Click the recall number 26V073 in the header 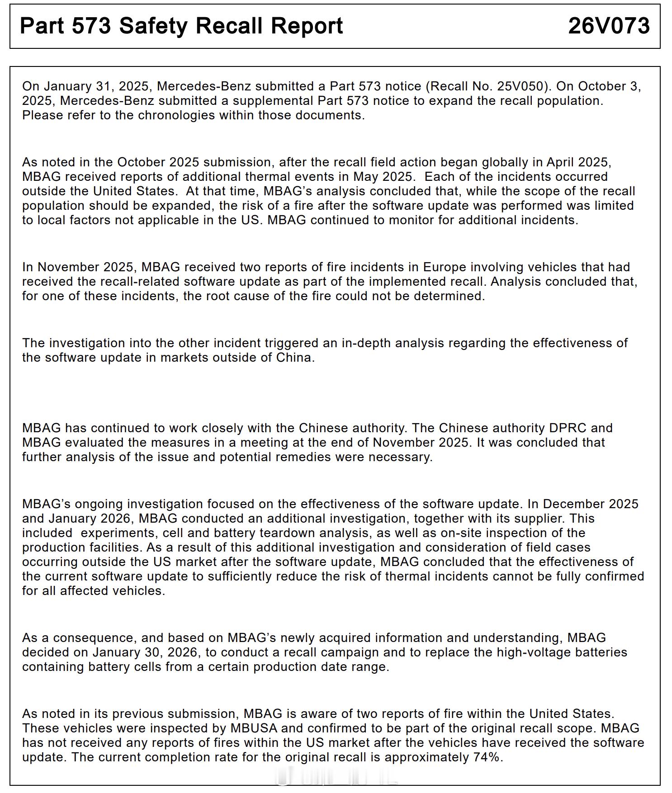[x=609, y=26]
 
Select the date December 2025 [x=591, y=504]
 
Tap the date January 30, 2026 [x=145, y=652]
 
